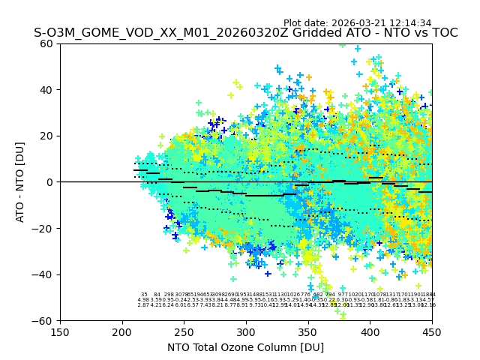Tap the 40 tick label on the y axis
click(46, 90)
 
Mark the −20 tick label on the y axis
click(43, 229)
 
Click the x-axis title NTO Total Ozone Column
click(246, 347)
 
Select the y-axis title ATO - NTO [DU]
click(21, 182)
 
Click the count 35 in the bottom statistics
click(144, 295)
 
